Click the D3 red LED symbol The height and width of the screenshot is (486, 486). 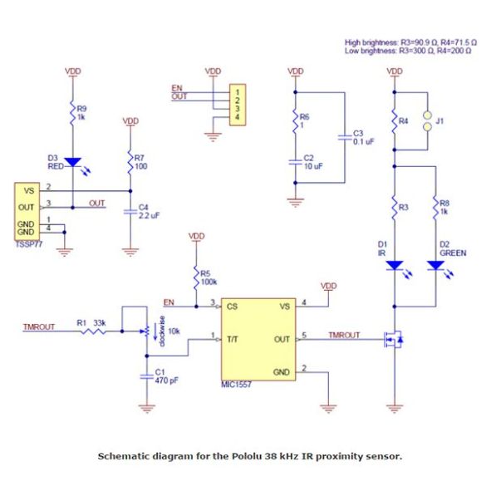pyautogui.click(x=73, y=162)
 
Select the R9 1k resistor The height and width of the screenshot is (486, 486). pyautogui.click(x=73, y=112)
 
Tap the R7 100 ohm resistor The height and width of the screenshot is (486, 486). pyautogui.click(x=130, y=162)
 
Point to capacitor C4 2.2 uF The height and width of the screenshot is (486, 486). pyautogui.click(x=130, y=212)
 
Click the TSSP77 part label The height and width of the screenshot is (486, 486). pyautogui.click(x=28, y=244)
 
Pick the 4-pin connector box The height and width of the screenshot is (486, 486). pyautogui.click(x=238, y=105)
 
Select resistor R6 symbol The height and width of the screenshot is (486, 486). pyautogui.click(x=296, y=121)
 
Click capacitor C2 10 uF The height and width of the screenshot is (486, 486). pyautogui.click(x=296, y=162)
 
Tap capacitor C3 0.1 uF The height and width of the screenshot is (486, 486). pyautogui.click(x=345, y=137)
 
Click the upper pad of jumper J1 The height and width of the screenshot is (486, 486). pyautogui.click(x=427, y=115)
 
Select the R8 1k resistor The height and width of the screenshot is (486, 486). pyautogui.click(x=436, y=208)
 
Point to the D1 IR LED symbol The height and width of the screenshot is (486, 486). pyautogui.click(x=395, y=266)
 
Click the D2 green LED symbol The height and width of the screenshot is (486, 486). pyautogui.click(x=436, y=266)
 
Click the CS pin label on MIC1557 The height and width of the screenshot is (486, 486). pyautogui.click(x=232, y=307)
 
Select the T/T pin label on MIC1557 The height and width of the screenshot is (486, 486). pyautogui.click(x=233, y=340)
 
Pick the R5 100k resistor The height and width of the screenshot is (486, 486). pyautogui.click(x=196, y=277)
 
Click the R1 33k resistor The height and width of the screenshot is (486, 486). pyautogui.click(x=93, y=331)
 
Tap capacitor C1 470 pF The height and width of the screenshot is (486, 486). pyautogui.click(x=147, y=376)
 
